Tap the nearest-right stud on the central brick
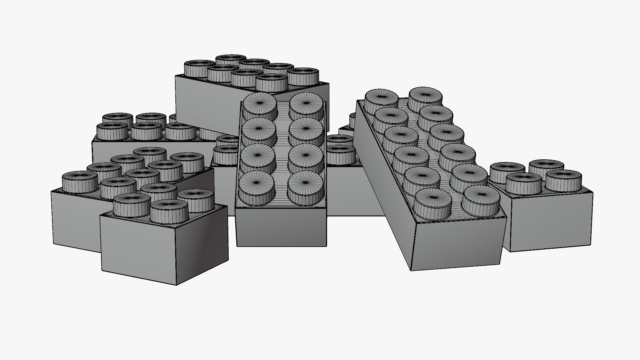(x=305, y=187)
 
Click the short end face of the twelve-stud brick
(x=457, y=245)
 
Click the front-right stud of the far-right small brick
(x=563, y=180)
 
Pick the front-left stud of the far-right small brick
(x=523, y=183)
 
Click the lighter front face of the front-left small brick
(x=138, y=247)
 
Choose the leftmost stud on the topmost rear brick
(x=199, y=68)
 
